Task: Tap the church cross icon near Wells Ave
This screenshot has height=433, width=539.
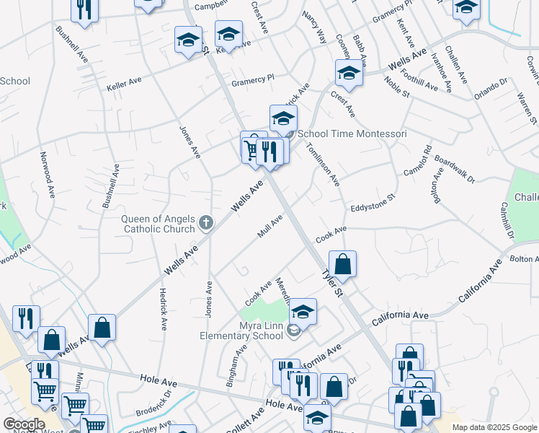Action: pos(207,223)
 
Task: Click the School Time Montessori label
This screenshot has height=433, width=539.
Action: pos(352,134)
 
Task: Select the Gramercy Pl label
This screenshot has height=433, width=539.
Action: pos(252,80)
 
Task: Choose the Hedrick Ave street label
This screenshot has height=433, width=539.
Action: pos(162,308)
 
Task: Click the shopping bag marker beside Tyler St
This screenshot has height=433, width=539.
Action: pos(343,263)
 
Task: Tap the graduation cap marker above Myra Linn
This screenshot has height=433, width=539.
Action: pos(303,311)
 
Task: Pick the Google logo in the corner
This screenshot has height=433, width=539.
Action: pos(24,424)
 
